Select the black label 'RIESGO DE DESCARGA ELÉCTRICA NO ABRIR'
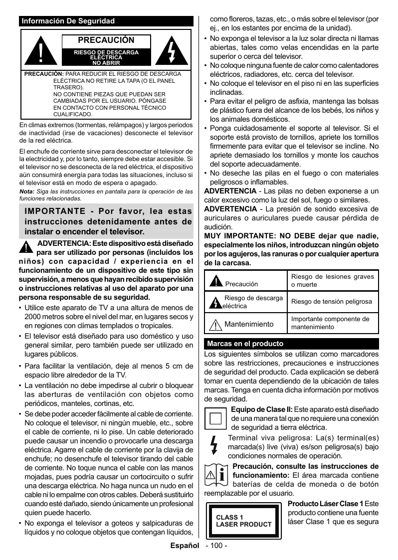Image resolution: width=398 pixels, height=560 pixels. tap(106, 58)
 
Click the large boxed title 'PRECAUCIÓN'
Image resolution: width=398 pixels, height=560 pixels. tap(106, 40)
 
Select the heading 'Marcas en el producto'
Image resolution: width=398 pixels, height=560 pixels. tap(245, 344)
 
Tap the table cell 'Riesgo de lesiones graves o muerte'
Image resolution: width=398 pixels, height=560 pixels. tap(332, 280)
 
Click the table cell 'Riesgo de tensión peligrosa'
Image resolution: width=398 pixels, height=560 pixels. tap(332, 302)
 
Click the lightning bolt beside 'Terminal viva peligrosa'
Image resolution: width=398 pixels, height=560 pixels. tap(214, 446)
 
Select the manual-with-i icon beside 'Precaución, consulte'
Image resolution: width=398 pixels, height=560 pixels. tap(216, 476)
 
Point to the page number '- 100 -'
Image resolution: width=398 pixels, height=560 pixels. tap(216, 546)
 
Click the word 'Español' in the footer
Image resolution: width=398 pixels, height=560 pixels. tap(185, 546)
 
